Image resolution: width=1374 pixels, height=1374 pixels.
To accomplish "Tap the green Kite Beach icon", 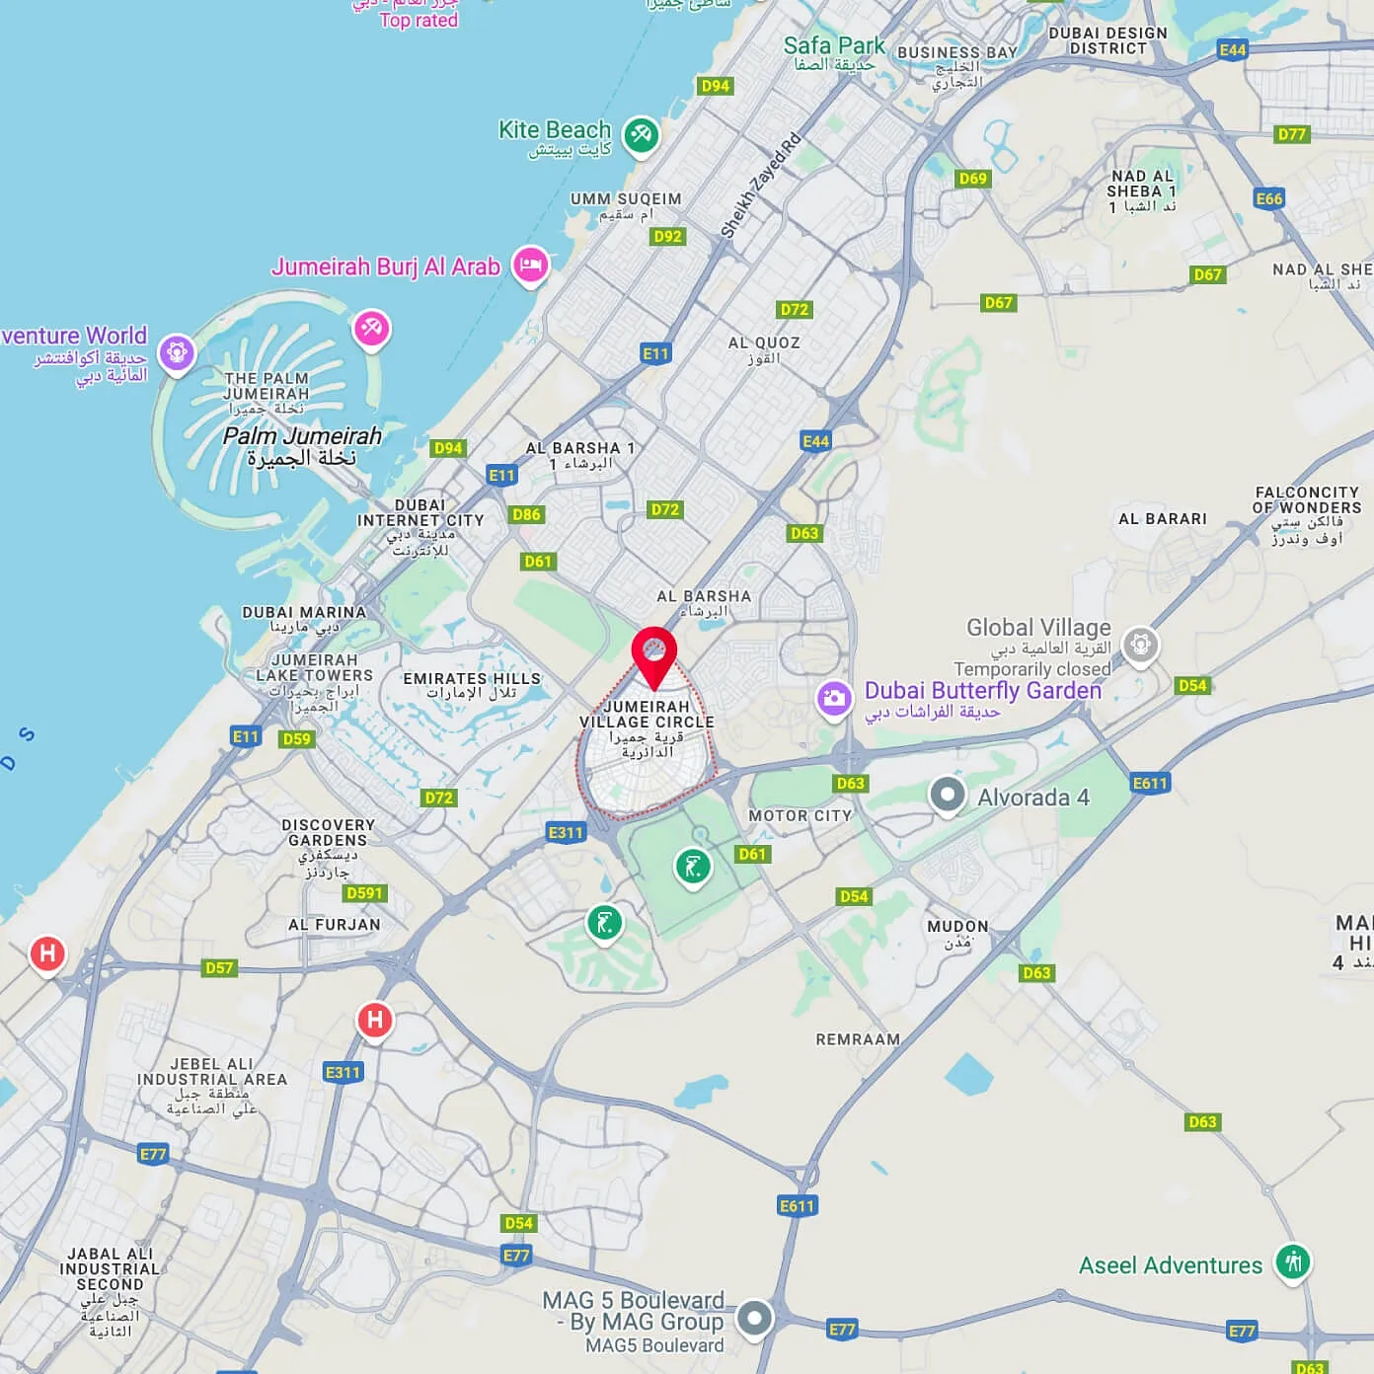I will pyautogui.click(x=641, y=134).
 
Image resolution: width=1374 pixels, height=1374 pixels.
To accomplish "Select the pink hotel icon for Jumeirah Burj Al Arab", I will pyautogui.click(x=530, y=266).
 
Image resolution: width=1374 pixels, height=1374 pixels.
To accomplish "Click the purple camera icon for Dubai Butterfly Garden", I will pyautogui.click(x=834, y=698).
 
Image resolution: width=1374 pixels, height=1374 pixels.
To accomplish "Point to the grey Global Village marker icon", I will pyautogui.click(x=1140, y=646).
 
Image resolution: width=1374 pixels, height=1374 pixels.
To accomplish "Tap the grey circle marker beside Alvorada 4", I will pyautogui.click(x=948, y=795).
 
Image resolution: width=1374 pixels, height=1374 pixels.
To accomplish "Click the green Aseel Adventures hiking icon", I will pyautogui.click(x=1292, y=1261).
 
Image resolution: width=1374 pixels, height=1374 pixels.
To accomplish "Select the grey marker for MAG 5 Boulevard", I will pyautogui.click(x=755, y=1318).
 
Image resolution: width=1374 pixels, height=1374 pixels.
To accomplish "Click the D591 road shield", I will pyautogui.click(x=364, y=893).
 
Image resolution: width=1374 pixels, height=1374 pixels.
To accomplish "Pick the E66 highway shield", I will pyautogui.click(x=1268, y=198).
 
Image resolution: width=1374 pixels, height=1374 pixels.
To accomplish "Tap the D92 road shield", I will pyautogui.click(x=667, y=237).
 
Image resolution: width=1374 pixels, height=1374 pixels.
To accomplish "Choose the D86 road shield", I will pyautogui.click(x=526, y=514).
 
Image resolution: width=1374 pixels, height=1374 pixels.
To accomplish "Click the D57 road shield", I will pyautogui.click(x=219, y=967).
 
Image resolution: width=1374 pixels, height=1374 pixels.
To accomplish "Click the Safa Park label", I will pyautogui.click(x=834, y=45).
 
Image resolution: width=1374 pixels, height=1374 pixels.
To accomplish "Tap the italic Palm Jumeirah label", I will pyautogui.click(x=302, y=435).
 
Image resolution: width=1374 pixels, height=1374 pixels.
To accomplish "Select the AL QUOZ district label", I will pyautogui.click(x=763, y=343).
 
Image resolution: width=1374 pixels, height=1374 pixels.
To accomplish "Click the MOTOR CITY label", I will pyautogui.click(x=800, y=816).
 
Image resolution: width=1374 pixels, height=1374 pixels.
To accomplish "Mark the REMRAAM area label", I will pyautogui.click(x=858, y=1039).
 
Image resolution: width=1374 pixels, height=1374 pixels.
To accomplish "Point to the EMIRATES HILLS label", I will pyautogui.click(x=472, y=678).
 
